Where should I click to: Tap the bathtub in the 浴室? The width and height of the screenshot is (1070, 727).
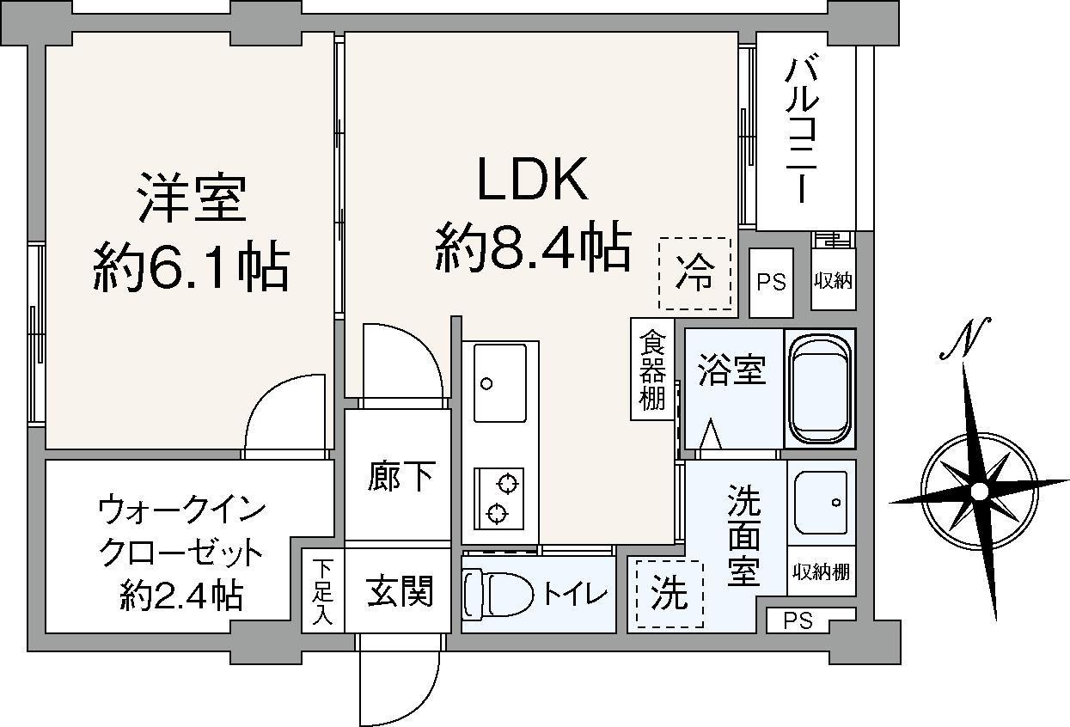(820, 388)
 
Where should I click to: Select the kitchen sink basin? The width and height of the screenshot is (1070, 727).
(500, 382)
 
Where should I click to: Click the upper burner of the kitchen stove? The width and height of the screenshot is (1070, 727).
(508, 483)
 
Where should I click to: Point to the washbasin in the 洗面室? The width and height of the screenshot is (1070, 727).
(821, 502)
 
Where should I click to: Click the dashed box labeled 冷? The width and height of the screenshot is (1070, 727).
(694, 274)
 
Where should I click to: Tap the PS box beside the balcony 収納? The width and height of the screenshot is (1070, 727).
(771, 283)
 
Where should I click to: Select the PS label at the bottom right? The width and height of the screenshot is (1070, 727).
(798, 620)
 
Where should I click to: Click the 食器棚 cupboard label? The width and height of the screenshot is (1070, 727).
(652, 370)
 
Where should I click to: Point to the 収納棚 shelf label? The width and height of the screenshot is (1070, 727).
(822, 571)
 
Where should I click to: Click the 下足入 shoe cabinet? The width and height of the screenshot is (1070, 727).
(322, 590)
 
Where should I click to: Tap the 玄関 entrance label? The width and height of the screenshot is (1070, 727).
(400, 590)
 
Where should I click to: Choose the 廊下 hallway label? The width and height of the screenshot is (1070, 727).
(400, 476)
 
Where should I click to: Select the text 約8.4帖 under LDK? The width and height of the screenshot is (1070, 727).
(533, 247)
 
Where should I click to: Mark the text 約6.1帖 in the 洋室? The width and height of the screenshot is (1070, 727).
(190, 266)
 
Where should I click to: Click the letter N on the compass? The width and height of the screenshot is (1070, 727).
(969, 337)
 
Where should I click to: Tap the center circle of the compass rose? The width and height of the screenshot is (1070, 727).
(979, 491)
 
